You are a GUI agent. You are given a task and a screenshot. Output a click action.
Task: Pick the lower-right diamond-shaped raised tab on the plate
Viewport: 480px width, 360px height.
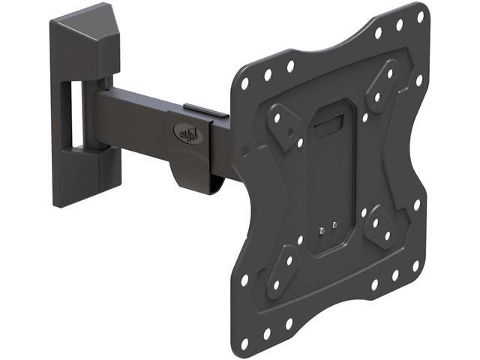(x=381, y=225)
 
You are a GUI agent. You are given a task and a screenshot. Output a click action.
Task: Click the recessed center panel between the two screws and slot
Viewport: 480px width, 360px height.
(x=330, y=180)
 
